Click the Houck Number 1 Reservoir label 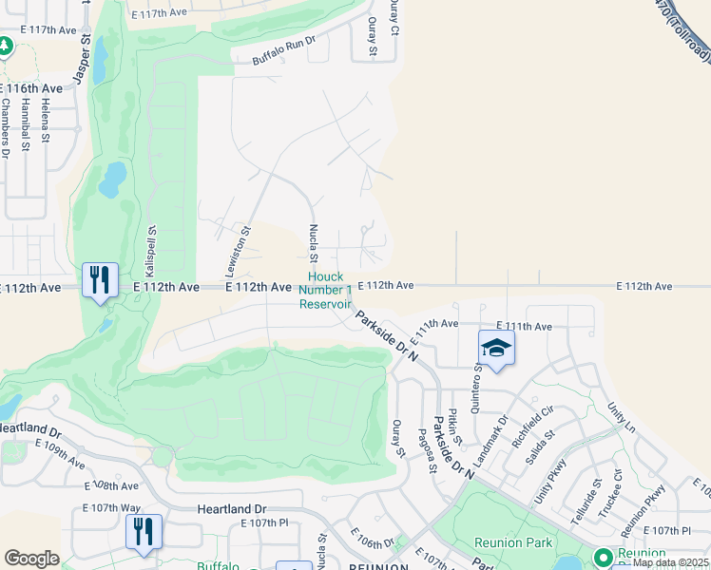pyautogui.click(x=326, y=291)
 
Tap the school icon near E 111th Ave pyautogui.click(x=495, y=349)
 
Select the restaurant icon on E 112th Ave pyautogui.click(x=100, y=280)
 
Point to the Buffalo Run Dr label pyautogui.click(x=283, y=51)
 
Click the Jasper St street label pyautogui.click(x=83, y=60)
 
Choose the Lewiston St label pyautogui.click(x=244, y=250)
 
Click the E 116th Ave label pyautogui.click(x=31, y=87)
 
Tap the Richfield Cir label pyautogui.click(x=532, y=428)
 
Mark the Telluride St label pyautogui.click(x=598, y=498)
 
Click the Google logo pyautogui.click(x=31, y=559)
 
